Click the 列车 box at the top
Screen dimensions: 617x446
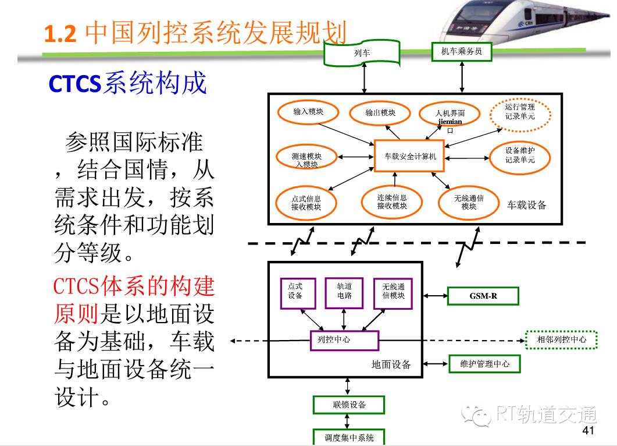tap(362, 53)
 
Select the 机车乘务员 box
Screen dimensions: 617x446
tap(462, 52)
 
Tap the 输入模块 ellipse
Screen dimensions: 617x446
tap(308, 112)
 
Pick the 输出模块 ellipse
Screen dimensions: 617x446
tap(380, 113)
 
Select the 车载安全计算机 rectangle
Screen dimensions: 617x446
tap(409, 156)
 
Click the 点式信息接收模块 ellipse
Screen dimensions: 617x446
tap(306, 203)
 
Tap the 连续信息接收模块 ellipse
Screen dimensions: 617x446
tap(391, 201)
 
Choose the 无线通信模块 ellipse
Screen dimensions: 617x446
tap(468, 203)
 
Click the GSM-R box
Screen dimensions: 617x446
tap(483, 296)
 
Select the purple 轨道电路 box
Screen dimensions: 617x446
tap(344, 293)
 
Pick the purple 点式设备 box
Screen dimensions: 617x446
tap(298, 293)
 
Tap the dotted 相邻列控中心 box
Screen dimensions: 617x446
tap(562, 340)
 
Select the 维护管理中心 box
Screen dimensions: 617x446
tap(484, 364)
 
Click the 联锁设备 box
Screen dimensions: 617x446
tap(349, 405)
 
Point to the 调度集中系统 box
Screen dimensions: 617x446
tap(349, 437)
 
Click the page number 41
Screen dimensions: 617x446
tap(588, 430)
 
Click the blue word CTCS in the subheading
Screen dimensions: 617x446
tap(75, 84)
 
